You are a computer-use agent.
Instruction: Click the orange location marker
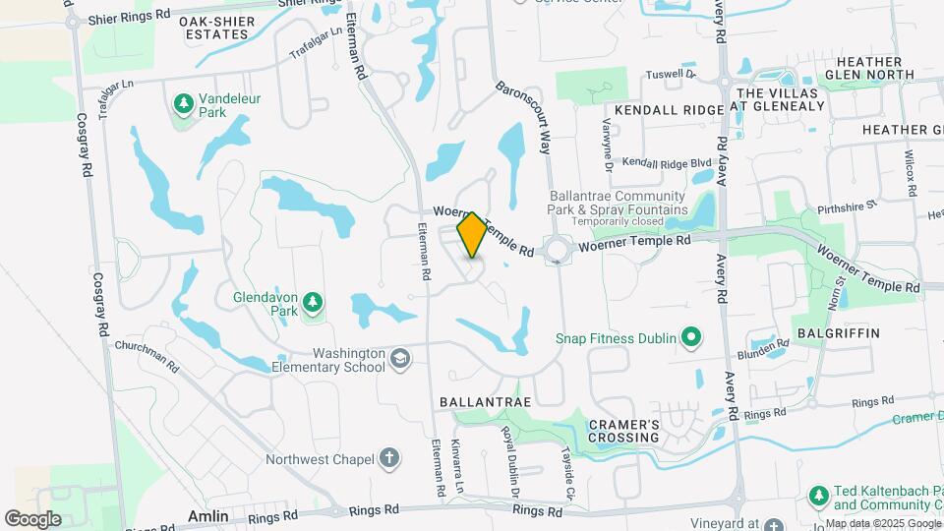point(472,235)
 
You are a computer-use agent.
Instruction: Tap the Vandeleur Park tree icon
point(182,102)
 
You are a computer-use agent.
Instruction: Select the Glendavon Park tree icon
point(313,301)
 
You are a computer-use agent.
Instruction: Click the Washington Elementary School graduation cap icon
point(399,359)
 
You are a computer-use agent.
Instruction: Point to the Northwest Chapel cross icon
point(389,458)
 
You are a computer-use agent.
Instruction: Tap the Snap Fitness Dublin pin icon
point(691,339)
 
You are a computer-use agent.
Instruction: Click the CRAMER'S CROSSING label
point(623,431)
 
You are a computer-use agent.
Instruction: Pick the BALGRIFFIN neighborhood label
point(838,333)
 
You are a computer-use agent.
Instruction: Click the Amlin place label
point(208,516)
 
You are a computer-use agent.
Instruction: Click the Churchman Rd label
point(147,356)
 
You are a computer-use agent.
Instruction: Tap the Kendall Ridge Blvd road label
point(667,162)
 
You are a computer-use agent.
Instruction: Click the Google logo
point(32,518)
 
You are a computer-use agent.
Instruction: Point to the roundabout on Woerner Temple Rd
point(559,249)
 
